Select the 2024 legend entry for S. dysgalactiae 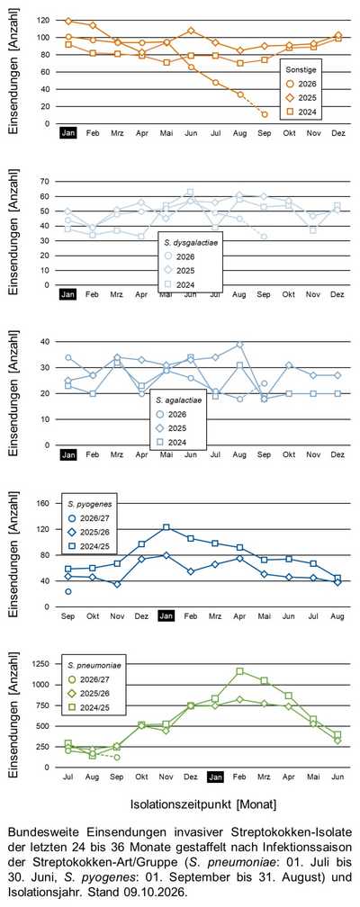tap(179, 284)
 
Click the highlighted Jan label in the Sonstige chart tap(68, 133)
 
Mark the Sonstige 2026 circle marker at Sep tap(265, 114)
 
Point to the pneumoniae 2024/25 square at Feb tap(239, 671)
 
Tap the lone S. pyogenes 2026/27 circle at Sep tap(68, 591)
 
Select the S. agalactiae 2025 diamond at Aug tap(239, 344)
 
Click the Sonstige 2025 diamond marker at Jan tap(68, 22)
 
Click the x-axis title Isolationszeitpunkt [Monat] tap(202, 804)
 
